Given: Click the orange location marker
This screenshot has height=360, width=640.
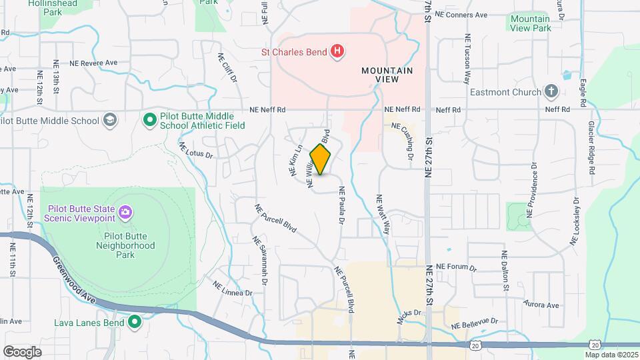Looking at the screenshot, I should (321, 159).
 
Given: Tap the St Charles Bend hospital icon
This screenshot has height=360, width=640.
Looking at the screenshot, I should (338, 51).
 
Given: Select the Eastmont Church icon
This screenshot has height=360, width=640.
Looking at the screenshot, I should (551, 91).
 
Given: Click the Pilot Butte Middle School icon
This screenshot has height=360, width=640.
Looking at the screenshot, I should (110, 120).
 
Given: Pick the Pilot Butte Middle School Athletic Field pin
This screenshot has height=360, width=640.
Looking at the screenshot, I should (151, 120).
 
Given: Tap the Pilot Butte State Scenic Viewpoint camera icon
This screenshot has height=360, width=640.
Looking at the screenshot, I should (125, 213).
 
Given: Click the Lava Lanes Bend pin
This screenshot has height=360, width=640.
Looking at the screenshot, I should (135, 323).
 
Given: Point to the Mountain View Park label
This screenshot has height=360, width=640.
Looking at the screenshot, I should (531, 23).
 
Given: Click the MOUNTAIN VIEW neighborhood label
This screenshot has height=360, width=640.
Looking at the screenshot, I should (387, 75).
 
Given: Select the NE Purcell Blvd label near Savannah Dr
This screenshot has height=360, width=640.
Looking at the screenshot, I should (275, 217).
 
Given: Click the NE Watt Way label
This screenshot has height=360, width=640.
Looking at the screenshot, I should (383, 214).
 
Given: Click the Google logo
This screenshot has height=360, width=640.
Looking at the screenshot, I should (23, 351).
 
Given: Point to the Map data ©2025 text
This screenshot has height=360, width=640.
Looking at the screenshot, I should (611, 355).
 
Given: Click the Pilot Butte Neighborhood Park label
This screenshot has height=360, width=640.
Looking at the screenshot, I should (129, 245).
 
